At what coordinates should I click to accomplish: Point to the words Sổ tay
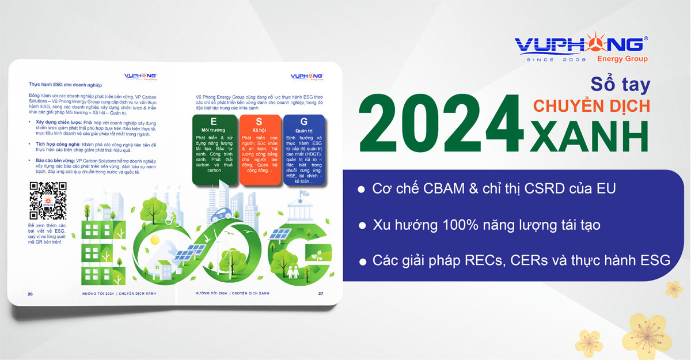(621, 84)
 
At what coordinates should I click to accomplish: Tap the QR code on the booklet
(48, 201)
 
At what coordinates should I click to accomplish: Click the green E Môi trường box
(214, 151)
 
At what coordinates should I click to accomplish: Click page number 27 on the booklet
(321, 293)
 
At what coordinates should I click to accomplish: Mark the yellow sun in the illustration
(154, 238)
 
